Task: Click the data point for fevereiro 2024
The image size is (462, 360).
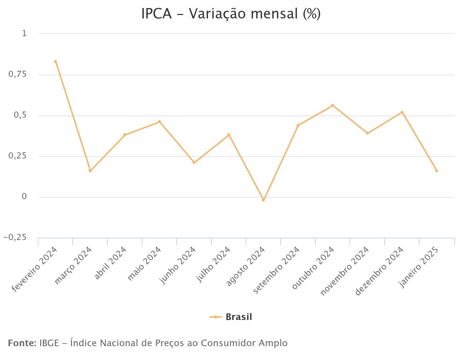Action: (55, 62)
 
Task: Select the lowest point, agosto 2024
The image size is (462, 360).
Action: (263, 200)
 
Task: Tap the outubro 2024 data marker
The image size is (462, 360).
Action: (333, 105)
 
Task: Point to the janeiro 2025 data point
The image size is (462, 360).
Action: (437, 171)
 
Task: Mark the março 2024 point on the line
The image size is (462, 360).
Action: (90, 171)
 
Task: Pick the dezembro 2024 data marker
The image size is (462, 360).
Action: (402, 112)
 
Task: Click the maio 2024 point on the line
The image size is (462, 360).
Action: (159, 122)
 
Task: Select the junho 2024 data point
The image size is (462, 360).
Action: (194, 162)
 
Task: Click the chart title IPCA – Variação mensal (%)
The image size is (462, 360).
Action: (231, 14)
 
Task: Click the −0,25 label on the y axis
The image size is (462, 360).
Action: (15, 238)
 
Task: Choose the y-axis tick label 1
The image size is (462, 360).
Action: (24, 33)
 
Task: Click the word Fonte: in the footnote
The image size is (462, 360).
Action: (22, 343)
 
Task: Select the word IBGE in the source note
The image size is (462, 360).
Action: (49, 343)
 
